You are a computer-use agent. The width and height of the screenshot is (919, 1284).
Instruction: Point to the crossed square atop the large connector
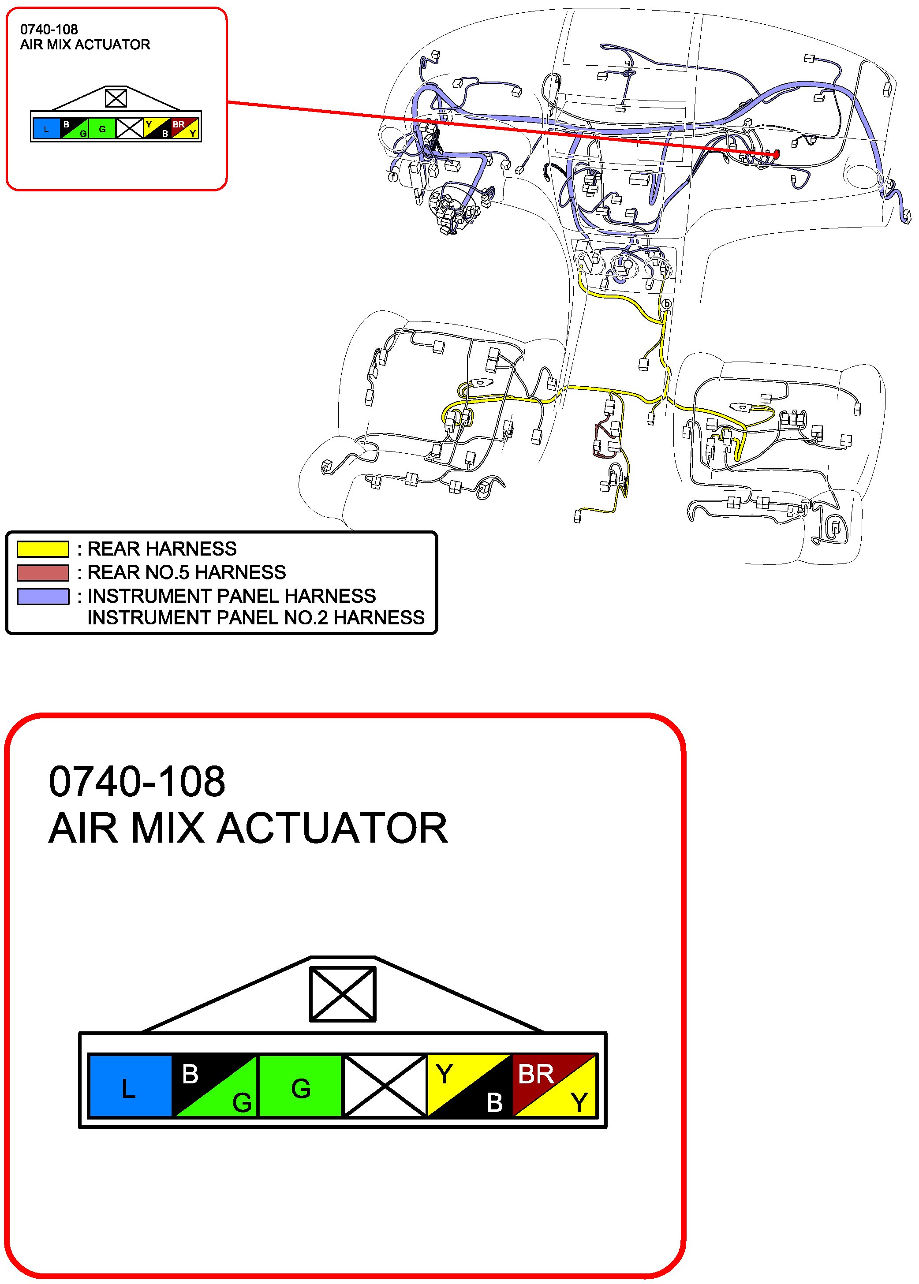click(342, 994)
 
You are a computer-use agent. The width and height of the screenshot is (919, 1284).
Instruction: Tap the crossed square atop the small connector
click(116, 98)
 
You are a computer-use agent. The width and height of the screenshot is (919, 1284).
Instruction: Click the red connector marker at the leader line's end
click(775, 153)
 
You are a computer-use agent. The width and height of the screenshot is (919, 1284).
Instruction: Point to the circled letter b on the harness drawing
click(667, 304)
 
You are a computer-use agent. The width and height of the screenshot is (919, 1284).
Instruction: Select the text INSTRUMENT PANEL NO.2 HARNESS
click(256, 617)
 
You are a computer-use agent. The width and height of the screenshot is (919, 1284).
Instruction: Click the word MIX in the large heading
click(167, 829)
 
